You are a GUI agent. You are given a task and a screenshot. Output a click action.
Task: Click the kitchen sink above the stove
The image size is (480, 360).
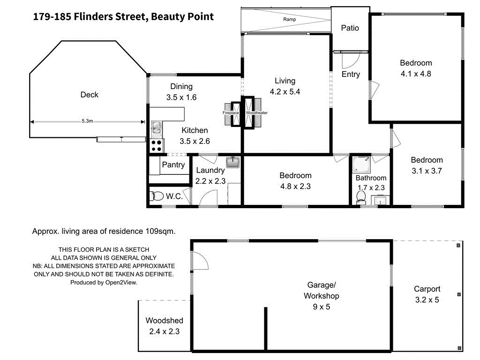coord(156,127)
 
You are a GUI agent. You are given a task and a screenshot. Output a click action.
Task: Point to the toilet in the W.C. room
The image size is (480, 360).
coord(157,196)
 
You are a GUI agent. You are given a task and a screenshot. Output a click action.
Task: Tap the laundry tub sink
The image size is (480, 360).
coord(232,163)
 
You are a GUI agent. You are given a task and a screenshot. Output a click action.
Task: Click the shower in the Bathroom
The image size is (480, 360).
coord(361,164)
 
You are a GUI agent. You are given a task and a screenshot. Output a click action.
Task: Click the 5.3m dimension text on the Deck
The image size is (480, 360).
coord(87,121)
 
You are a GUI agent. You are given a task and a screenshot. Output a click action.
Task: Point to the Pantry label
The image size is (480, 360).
coord(173,165)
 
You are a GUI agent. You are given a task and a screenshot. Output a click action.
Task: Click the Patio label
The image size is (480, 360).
coord(350,28)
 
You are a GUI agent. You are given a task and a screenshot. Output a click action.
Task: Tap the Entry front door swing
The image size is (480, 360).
coord(349,60)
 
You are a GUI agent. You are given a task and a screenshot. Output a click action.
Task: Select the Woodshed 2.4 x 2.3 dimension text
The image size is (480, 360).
coord(165,331)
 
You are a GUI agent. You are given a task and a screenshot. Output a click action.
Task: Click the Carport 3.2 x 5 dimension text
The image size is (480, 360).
coord(427,300)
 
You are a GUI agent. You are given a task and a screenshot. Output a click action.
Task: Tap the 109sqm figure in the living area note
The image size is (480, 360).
coord(161,231)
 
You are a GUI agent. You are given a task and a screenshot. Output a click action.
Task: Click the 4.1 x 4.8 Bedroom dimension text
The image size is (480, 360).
coord(416,74)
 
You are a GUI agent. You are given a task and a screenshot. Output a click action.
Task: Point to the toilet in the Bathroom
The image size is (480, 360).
coord(360,198)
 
